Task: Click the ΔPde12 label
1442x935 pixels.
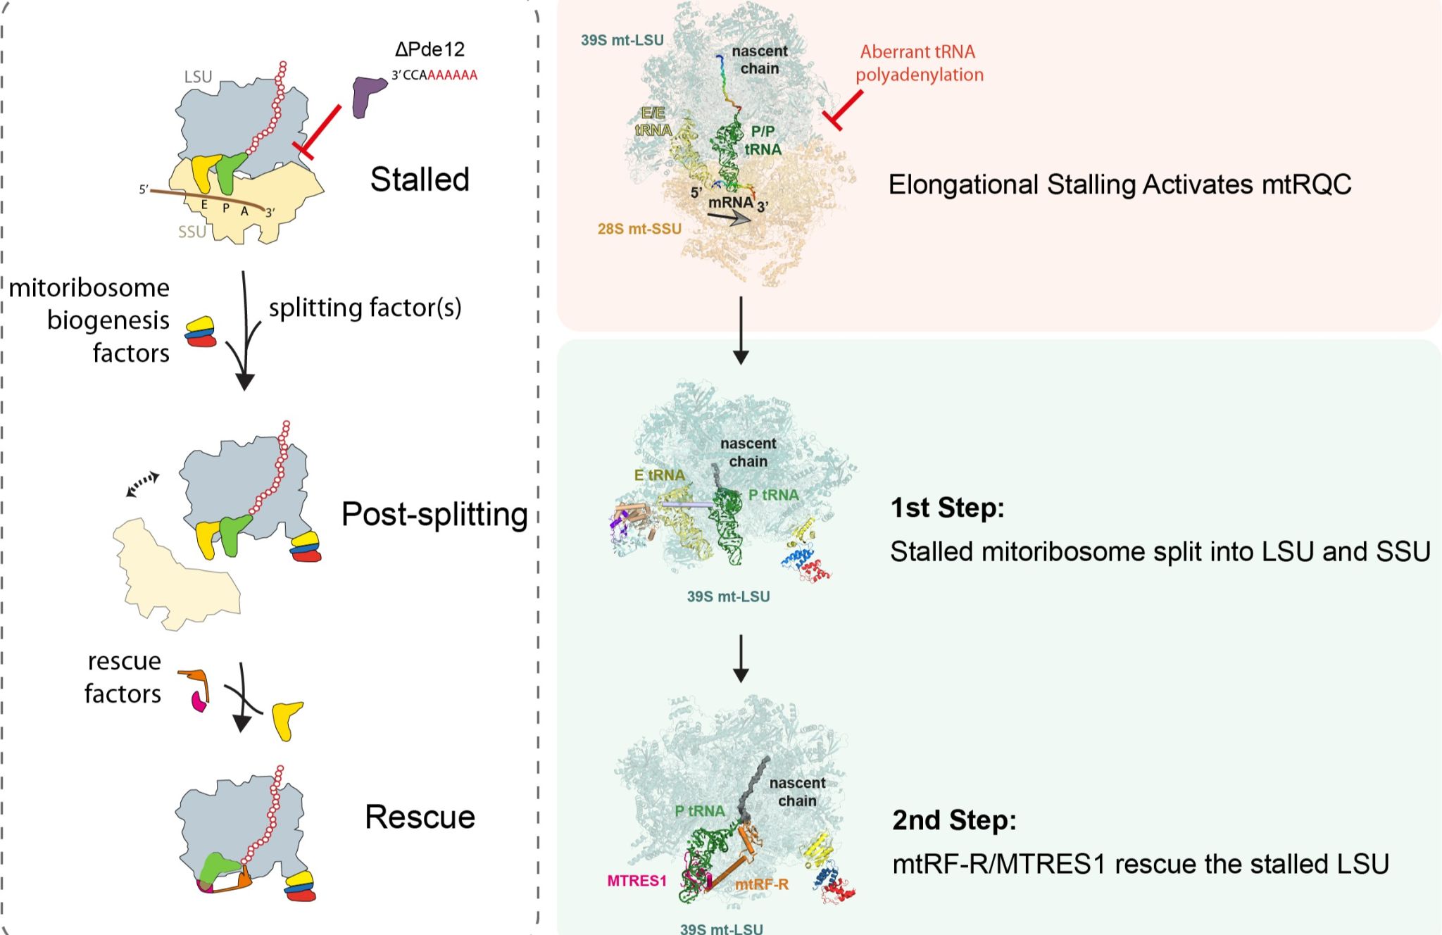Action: [430, 49]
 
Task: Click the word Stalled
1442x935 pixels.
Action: [420, 180]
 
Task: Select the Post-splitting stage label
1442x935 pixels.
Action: [434, 515]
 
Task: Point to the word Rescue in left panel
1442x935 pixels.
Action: [420, 817]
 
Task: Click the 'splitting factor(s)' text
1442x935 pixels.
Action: [365, 308]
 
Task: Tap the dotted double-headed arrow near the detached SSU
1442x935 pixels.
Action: [142, 484]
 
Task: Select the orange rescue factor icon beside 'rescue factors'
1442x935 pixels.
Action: [196, 681]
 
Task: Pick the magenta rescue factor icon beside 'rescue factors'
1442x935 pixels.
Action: [199, 701]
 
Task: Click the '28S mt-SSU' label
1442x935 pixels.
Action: [639, 229]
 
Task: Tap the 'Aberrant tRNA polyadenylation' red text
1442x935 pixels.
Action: [919, 63]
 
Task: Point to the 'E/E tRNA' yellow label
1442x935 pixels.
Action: [653, 121]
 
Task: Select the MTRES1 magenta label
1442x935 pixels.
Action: [637, 881]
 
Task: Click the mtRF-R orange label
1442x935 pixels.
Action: [761, 884]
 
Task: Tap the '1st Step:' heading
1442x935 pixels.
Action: [947, 508]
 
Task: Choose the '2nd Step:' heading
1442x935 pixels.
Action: [954, 820]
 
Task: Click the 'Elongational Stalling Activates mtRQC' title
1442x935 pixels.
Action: [1120, 184]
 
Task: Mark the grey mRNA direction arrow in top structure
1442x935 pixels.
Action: [729, 219]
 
